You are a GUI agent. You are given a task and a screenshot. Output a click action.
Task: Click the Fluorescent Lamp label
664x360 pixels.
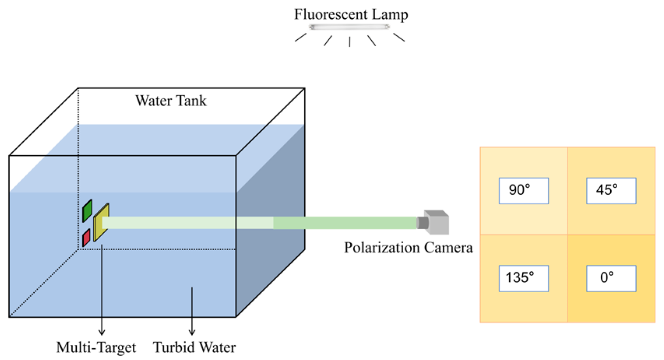[351, 14]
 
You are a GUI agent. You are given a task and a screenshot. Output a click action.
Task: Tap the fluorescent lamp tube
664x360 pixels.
[349, 27]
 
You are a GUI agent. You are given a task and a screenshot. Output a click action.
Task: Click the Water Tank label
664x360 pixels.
[171, 101]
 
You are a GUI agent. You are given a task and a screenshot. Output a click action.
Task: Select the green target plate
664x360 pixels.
[87, 211]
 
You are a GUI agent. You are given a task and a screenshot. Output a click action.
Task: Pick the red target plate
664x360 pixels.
[86, 237]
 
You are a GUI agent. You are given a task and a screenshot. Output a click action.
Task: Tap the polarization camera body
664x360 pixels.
[438, 223]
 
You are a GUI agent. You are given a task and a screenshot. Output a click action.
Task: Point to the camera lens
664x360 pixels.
[422, 223]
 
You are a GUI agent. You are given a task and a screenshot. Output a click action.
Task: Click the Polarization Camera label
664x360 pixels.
[408, 248]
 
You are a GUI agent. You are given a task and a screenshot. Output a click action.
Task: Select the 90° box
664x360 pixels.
[523, 191]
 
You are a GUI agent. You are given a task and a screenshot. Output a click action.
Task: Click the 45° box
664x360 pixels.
[611, 191]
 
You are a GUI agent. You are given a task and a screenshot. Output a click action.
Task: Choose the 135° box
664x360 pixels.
[523, 278]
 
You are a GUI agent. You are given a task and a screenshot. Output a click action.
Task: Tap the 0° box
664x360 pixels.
[611, 278]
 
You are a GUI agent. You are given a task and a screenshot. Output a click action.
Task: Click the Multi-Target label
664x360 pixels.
[96, 347]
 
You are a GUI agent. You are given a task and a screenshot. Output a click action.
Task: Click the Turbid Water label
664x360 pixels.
[194, 347]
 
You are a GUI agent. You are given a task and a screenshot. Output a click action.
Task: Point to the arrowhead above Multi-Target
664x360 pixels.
[102, 332]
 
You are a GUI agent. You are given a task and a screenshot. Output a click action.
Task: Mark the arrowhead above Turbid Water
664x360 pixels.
[192, 332]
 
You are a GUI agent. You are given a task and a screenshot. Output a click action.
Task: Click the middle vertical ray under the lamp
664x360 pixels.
[350, 42]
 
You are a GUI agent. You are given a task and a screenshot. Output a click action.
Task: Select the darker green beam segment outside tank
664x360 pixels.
[344, 223]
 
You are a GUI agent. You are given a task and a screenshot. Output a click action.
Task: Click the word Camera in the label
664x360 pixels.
[448, 248]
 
